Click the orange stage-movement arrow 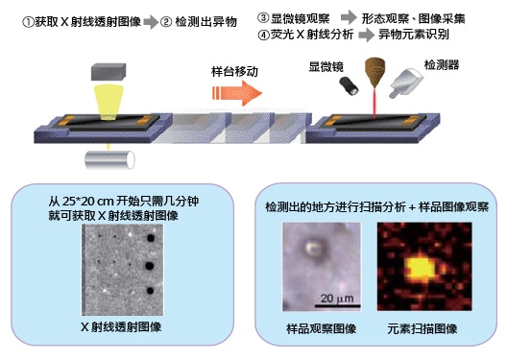(236, 93)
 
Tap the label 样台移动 (234, 71)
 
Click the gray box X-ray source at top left (109, 71)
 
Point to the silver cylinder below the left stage (109, 159)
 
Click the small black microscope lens (349, 86)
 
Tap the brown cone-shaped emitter (374, 72)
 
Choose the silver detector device (406, 83)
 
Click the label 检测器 (442, 64)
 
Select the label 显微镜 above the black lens (326, 66)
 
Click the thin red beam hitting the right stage (374, 104)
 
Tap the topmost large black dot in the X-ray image (151, 238)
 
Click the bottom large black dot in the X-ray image (150, 291)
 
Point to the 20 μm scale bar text (337, 298)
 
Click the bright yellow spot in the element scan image (421, 269)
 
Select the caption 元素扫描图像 (422, 329)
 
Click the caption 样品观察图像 (321, 329)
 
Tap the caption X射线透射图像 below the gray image (121, 327)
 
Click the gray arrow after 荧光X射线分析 (367, 35)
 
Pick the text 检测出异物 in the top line (205, 22)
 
